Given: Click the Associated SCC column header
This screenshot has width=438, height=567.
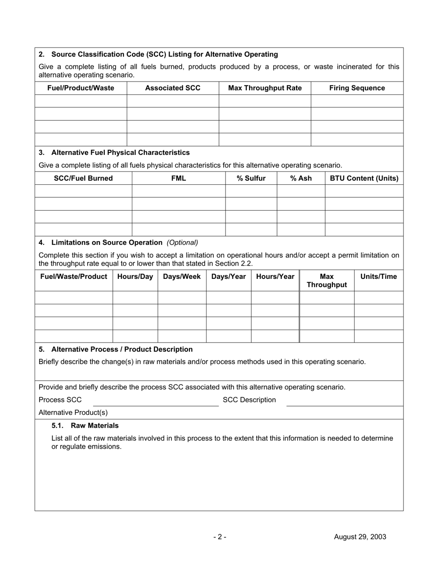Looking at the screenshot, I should tap(173, 88).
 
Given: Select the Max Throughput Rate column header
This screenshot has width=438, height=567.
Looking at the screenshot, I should tap(265, 88).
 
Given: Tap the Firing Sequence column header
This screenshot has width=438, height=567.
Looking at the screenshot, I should tap(357, 88).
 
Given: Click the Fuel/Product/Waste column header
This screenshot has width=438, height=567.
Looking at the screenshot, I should tap(81, 88).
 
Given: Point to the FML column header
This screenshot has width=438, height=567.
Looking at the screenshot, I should tap(178, 178).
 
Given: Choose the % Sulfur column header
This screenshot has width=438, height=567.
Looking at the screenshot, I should tap(251, 178).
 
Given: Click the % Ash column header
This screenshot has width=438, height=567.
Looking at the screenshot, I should tap(301, 178).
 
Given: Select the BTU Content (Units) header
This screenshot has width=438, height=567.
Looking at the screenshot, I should tap(364, 178).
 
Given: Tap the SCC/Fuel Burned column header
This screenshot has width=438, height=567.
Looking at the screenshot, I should tap(83, 178).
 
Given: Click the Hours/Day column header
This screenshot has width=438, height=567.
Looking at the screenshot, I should tap(135, 277).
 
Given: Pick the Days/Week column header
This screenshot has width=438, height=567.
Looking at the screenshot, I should tap(182, 277).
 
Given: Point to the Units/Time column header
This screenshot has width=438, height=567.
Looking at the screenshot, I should tap(379, 277).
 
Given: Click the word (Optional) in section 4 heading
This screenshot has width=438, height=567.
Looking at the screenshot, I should tap(183, 242).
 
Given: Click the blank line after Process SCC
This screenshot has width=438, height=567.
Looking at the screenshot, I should tap(156, 402).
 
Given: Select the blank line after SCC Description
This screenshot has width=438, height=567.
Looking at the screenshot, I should tap(344, 402).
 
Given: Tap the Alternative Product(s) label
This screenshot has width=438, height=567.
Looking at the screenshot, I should tap(73, 413).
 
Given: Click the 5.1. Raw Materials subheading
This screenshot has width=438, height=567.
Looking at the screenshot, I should tap(85, 425).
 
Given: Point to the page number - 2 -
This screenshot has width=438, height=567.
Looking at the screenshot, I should tap(219, 537).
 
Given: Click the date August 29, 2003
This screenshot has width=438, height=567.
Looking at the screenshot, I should tap(360, 537).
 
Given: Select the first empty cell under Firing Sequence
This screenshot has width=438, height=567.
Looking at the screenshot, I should tap(357, 101).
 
